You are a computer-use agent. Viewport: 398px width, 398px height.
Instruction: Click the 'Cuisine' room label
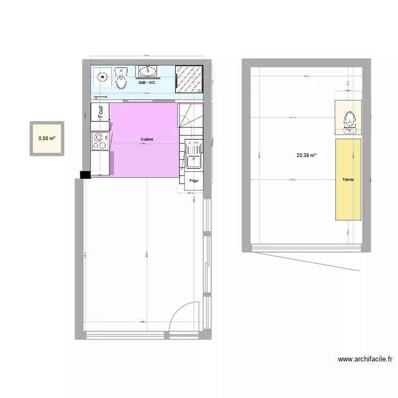pyautogui.click(x=147, y=140)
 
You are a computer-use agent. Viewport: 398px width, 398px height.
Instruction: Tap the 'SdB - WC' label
pyautogui.click(x=146, y=83)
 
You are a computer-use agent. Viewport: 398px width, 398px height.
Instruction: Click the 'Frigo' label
pyautogui.click(x=193, y=181)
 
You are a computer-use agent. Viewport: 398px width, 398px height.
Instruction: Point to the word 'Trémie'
pyautogui.click(x=348, y=180)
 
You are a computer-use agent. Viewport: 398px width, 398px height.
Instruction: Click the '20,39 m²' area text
pyautogui.click(x=306, y=155)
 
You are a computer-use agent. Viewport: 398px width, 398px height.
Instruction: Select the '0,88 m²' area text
pyautogui.click(x=46, y=139)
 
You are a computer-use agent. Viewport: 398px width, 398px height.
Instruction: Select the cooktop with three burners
pyautogui.click(x=99, y=141)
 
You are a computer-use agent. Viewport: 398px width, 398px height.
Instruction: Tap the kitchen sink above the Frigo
pyautogui.click(x=193, y=153)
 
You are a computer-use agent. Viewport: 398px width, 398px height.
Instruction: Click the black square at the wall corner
pyautogui.click(x=85, y=175)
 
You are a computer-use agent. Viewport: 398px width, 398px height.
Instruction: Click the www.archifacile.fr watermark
pyautogui.click(x=365, y=359)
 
